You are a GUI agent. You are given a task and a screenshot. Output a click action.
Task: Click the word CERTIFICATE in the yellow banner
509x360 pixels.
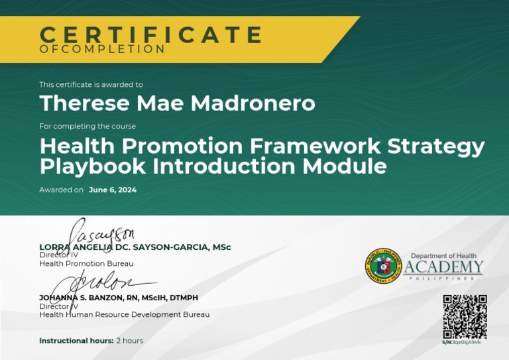click(151, 34)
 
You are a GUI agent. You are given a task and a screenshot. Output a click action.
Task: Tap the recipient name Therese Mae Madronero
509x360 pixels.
click(177, 103)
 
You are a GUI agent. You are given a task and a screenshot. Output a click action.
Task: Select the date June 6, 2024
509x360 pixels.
click(113, 190)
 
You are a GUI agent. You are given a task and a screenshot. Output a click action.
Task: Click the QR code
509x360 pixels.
click(465, 316)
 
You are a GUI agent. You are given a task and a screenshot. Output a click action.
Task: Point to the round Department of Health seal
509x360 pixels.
click(383, 266)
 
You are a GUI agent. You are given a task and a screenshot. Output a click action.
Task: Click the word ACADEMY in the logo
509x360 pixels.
click(443, 267)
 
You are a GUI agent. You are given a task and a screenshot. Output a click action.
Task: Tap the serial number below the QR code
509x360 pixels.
click(461, 342)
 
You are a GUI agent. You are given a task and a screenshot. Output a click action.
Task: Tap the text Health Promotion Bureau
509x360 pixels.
click(86, 263)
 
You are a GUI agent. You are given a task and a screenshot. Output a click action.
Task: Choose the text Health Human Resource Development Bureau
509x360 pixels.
click(124, 314)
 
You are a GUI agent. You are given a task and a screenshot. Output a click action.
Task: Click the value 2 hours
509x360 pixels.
click(129, 341)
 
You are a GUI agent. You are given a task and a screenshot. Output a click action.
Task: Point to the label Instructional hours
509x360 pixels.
click(76, 341)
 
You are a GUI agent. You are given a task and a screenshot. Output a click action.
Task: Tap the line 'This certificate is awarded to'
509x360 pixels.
click(91, 85)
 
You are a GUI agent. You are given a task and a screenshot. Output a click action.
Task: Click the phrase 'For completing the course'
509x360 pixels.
click(87, 126)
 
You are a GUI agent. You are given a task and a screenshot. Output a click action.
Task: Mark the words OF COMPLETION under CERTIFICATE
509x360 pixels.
click(102, 50)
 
